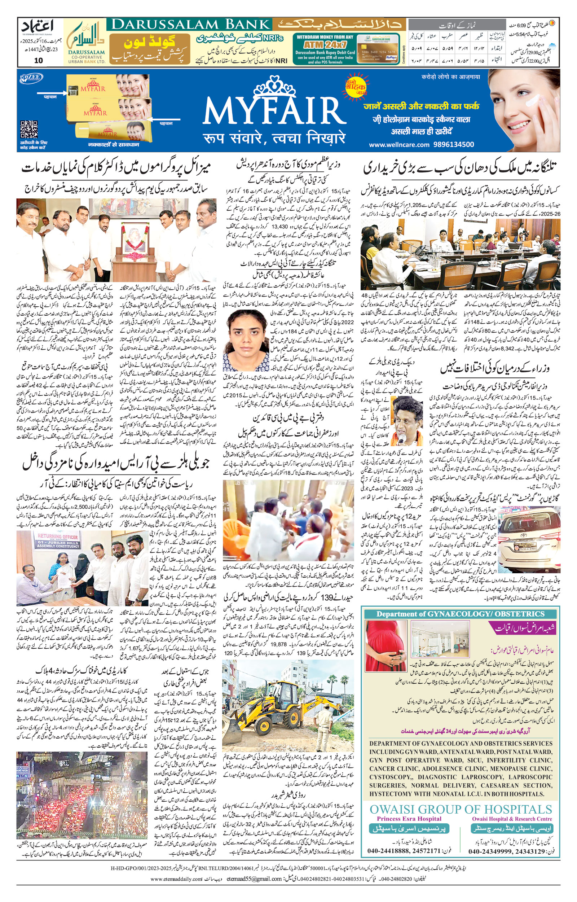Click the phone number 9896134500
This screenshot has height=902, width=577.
coord(453,145)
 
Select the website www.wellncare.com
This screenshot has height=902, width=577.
coord(399,145)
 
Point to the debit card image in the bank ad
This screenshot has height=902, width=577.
coord(378,49)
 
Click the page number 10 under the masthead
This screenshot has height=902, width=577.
coord(38,60)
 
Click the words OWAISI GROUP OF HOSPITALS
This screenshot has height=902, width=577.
coord(461,809)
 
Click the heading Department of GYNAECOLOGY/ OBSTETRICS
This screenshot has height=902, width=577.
coord(461,614)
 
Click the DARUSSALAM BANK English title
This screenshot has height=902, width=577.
coord(191,25)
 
